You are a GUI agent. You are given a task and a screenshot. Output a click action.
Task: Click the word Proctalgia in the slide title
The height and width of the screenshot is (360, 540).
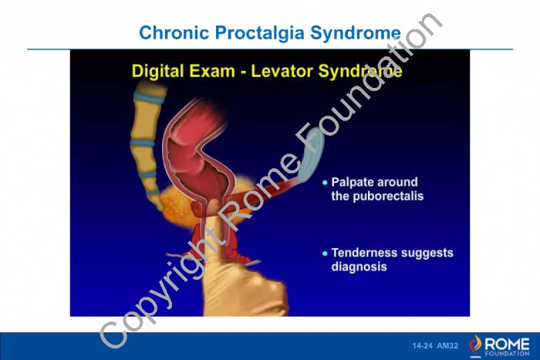pos(260,33)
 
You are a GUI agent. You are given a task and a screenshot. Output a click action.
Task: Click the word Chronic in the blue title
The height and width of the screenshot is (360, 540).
pos(174,32)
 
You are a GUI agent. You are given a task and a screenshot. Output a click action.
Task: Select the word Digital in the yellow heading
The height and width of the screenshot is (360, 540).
pos(159,71)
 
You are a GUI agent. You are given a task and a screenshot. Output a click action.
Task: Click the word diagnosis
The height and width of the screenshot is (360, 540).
pos(359,267)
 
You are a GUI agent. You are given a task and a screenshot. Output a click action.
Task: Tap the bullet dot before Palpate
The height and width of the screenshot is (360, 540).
pos(325,183)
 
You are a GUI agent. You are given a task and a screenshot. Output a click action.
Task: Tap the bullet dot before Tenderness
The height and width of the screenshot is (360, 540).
pos(325,254)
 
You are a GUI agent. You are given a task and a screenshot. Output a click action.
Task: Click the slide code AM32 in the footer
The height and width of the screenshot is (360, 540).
pos(447,346)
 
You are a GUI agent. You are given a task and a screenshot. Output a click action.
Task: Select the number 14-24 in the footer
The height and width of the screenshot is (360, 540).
pos(422,346)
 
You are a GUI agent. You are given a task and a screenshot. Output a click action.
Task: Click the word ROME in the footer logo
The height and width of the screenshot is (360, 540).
pos(507,344)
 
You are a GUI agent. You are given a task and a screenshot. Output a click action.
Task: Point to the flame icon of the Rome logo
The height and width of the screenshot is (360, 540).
pos(476,344)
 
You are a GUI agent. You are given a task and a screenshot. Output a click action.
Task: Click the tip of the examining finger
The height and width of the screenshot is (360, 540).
pos(214,203)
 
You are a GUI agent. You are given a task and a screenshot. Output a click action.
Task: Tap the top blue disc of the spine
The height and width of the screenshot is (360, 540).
pos(150,98)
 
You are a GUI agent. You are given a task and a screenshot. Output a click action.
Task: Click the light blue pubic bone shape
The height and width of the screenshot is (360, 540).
pos(311,154)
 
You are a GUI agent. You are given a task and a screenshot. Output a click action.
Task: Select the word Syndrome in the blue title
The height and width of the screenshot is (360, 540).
pos(356,33)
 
